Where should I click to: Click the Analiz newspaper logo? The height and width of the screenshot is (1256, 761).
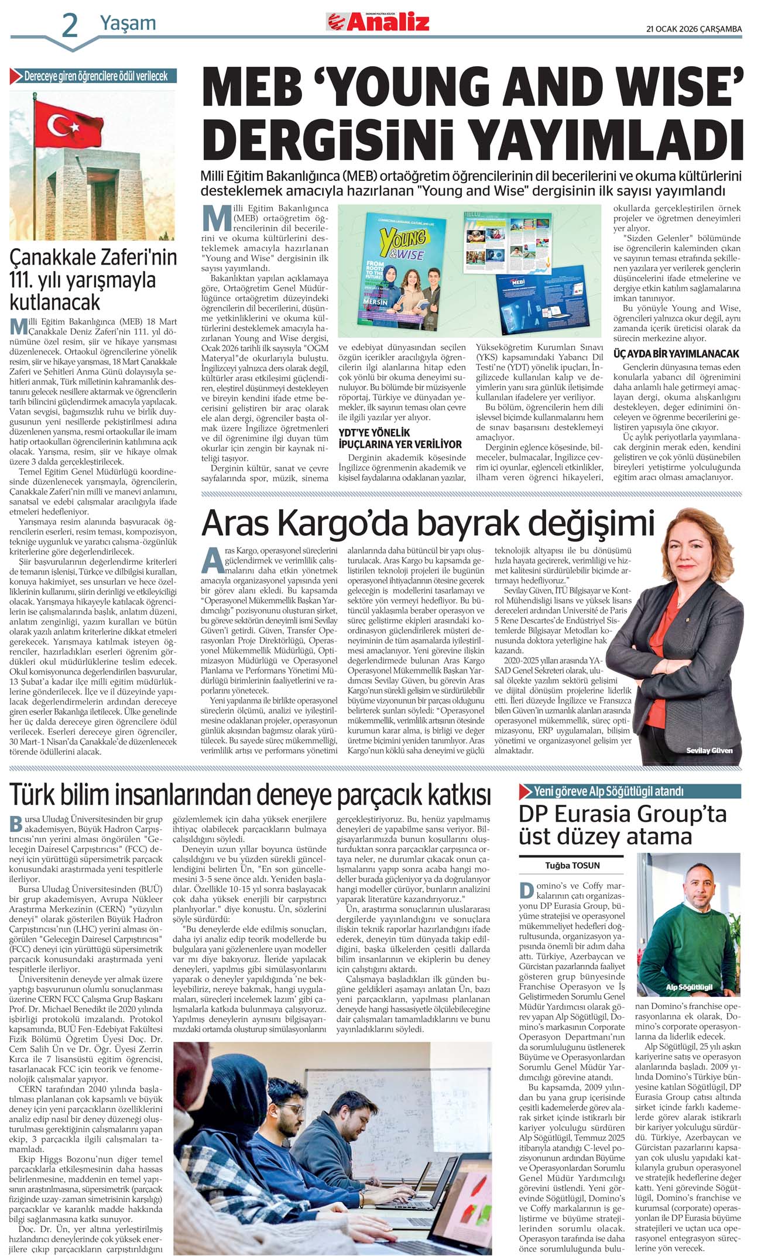(x=378, y=22)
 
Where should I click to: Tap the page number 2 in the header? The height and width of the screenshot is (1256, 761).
(x=69, y=26)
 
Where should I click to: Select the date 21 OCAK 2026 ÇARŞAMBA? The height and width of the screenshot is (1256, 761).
(x=694, y=29)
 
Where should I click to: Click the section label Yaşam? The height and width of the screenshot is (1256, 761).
(x=128, y=23)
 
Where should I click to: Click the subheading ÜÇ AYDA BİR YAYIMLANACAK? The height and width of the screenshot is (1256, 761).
(x=676, y=354)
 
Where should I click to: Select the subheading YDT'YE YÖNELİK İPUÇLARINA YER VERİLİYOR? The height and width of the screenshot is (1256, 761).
(x=400, y=438)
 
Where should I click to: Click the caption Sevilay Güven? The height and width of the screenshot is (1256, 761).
(x=709, y=750)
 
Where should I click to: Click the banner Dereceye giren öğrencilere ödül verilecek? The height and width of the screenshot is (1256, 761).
(x=96, y=76)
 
